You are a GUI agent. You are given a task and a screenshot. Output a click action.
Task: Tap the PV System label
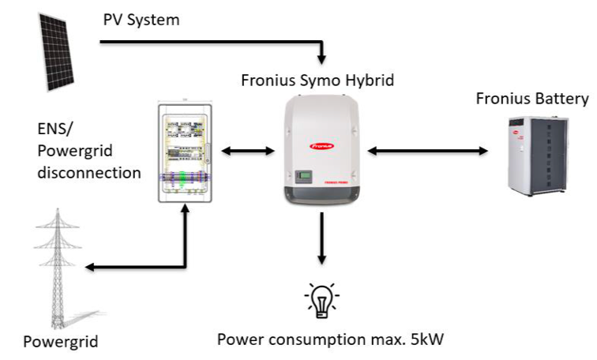[x=141, y=19]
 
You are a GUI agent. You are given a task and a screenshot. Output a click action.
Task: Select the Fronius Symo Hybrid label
[x=318, y=80]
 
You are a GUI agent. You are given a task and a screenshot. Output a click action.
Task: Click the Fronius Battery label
[x=532, y=99]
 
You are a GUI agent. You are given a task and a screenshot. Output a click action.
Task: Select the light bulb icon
[x=321, y=299]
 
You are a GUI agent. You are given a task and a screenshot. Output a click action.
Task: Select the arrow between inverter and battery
[x=427, y=150]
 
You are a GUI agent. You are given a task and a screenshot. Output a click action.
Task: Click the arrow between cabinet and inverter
[x=247, y=150]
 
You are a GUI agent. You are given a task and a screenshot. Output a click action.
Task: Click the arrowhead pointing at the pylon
[x=89, y=268]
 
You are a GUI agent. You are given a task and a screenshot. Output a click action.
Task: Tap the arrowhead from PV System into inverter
[x=321, y=59]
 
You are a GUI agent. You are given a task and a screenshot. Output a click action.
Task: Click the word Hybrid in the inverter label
[x=370, y=80]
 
